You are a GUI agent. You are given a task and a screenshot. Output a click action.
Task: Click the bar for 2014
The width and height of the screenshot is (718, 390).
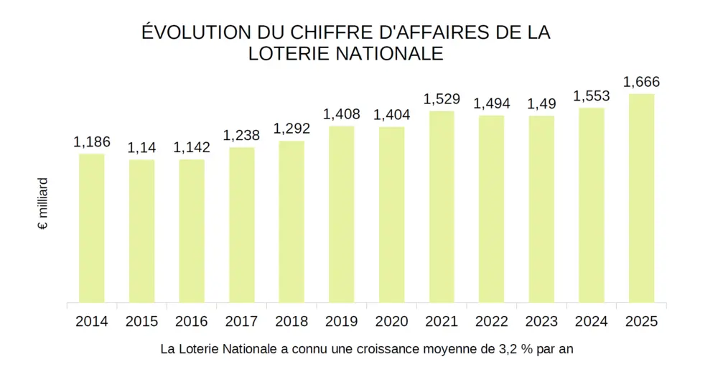pos(92,228)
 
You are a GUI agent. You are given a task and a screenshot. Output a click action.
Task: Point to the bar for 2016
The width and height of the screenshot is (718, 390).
pos(192,231)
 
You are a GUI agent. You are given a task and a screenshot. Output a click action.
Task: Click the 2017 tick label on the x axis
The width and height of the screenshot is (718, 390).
pos(241,322)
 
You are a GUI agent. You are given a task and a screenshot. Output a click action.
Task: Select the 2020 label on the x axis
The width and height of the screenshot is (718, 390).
pos(391,322)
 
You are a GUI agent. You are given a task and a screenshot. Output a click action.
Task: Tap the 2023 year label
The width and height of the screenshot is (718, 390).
pos(541,322)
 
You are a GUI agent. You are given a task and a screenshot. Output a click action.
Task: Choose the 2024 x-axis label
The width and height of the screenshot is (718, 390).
pos(592,322)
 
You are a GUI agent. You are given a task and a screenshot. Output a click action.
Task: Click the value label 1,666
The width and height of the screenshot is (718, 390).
pos(641,82)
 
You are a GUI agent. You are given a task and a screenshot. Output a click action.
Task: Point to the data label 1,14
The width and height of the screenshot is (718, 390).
pos(141,148)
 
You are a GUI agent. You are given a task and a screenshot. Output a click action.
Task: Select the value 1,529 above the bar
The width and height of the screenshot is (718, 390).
pos(442,99)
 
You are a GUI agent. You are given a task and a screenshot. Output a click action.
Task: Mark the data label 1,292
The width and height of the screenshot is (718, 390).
pos(292,129)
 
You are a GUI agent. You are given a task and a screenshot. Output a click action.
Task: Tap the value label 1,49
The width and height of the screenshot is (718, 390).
pos(541,103)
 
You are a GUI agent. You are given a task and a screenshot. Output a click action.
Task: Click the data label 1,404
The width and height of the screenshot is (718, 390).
pos(391,115)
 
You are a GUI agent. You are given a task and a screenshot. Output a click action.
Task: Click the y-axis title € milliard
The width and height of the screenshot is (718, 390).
pos(43,204)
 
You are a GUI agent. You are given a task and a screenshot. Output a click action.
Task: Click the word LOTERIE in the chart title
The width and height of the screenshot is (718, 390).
pos(291,54)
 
